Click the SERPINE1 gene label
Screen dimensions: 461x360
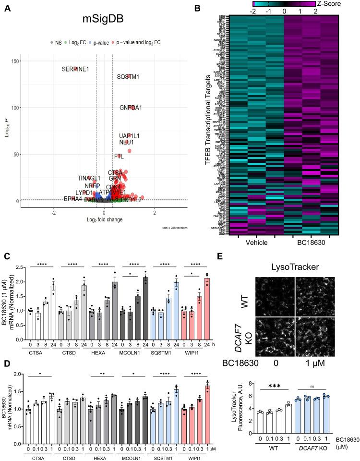pos(75,69)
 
